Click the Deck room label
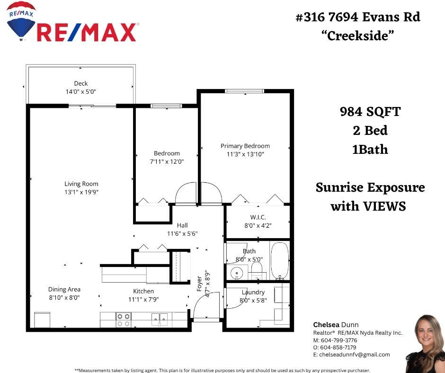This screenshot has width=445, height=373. [81, 83]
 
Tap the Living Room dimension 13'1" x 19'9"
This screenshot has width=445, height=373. [81, 192]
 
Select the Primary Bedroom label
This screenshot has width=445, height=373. [245, 146]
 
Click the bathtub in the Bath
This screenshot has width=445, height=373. [279, 260]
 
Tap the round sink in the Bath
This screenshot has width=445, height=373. [237, 273]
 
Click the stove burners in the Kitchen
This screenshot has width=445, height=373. [124, 320]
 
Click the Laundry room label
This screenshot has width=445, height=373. [253, 292]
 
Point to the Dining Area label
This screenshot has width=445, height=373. [64, 289]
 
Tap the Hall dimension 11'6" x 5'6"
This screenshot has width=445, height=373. [182, 233]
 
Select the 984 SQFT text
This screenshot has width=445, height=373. [370, 112]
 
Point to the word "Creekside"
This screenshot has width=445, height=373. [358, 36]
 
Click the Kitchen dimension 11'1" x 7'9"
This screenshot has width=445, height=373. [143, 299]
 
